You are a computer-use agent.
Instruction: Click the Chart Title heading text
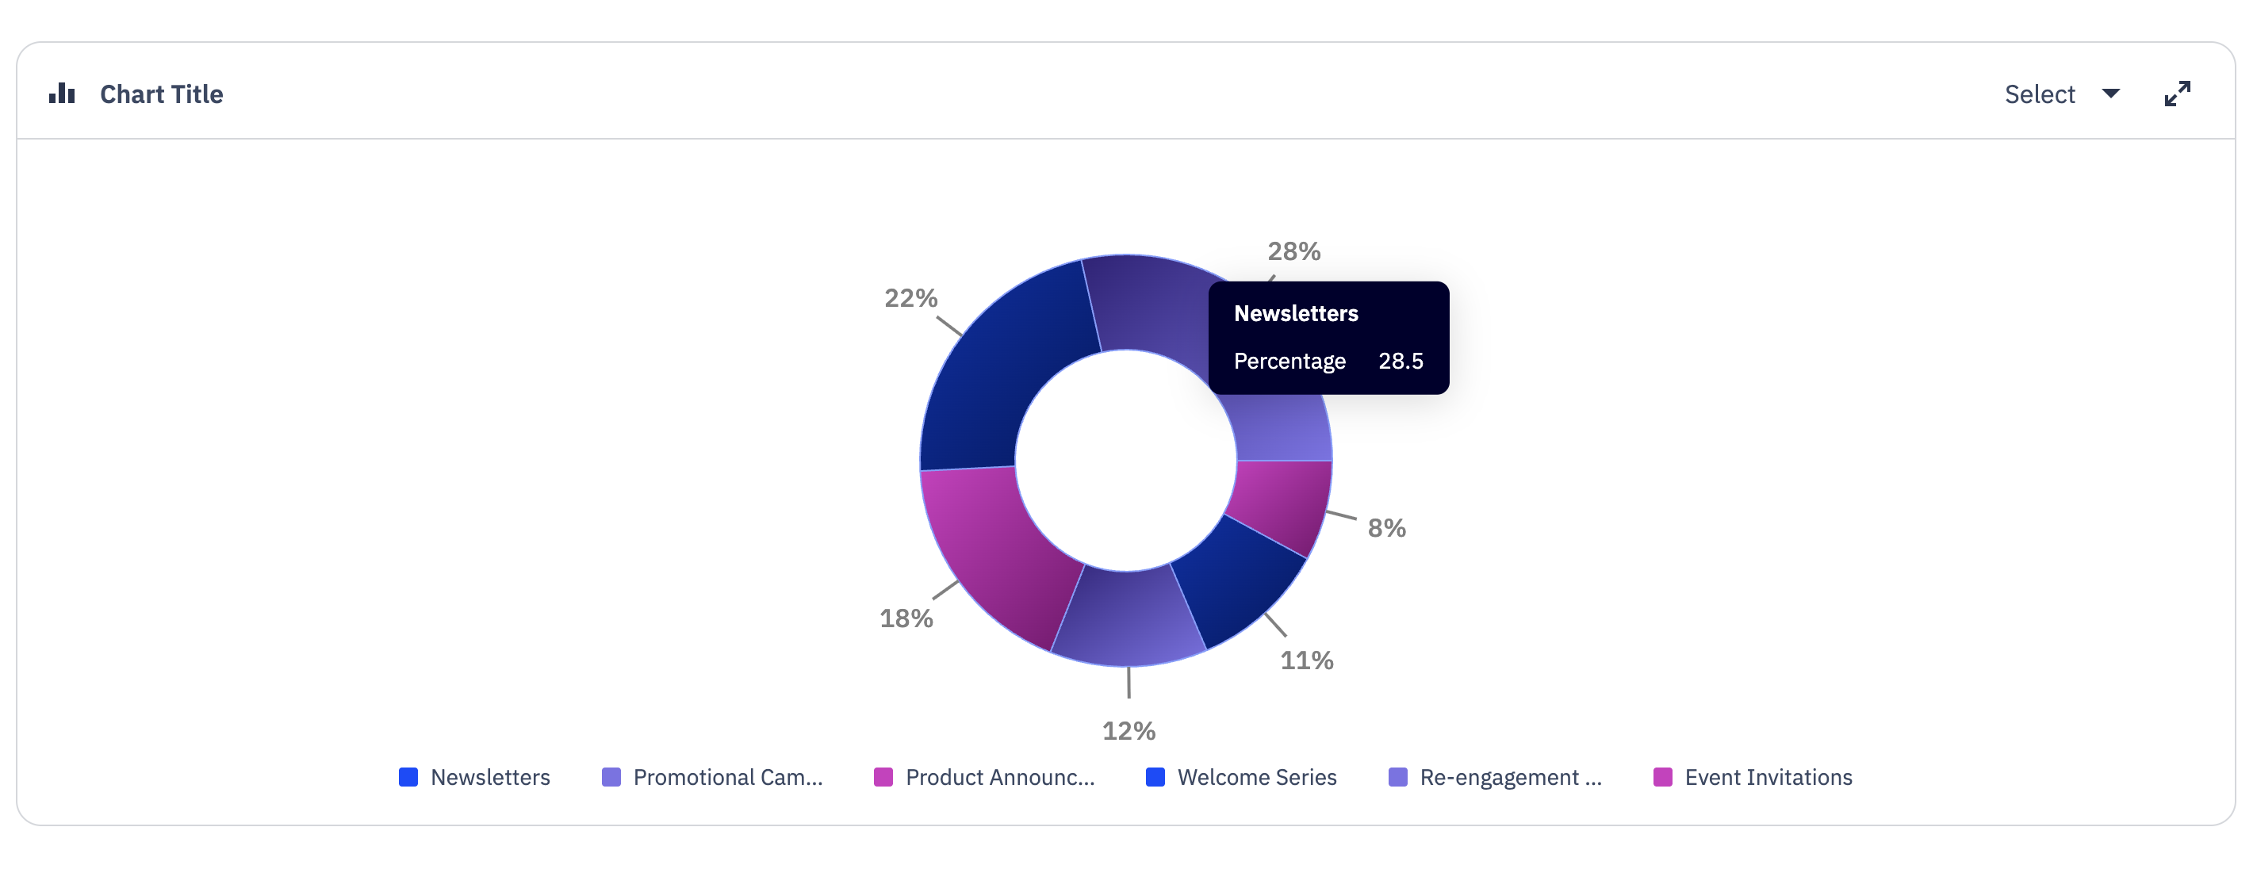[x=161, y=94]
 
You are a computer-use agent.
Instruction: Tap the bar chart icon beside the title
[x=61, y=93]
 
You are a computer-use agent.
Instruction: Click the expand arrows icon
[x=2176, y=94]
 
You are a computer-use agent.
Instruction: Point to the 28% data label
[x=1293, y=251]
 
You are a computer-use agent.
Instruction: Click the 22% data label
[x=910, y=298]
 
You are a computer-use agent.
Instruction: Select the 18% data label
[x=906, y=618]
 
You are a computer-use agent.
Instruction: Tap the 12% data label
[x=1128, y=730]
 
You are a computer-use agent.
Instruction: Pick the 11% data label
[x=1306, y=660]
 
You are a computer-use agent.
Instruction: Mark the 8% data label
[x=1386, y=528]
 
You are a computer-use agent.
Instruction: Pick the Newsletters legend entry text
[x=490, y=777]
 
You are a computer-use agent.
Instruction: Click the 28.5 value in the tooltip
[x=1400, y=361]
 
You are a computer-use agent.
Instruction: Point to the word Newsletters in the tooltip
[x=1295, y=314]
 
